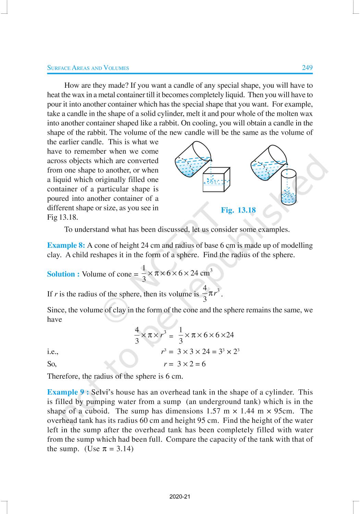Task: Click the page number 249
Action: click(x=307, y=68)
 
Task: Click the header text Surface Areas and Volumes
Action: click(x=88, y=68)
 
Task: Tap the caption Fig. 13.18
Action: click(x=238, y=210)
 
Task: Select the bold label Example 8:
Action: click(x=66, y=245)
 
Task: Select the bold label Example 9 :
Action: click(x=68, y=392)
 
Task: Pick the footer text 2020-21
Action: click(x=180, y=497)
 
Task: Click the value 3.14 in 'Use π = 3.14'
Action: click(x=124, y=449)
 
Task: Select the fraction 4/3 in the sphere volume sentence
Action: click(x=205, y=293)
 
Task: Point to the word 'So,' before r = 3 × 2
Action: click(x=52, y=364)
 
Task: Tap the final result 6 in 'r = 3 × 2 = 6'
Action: click(x=204, y=364)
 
